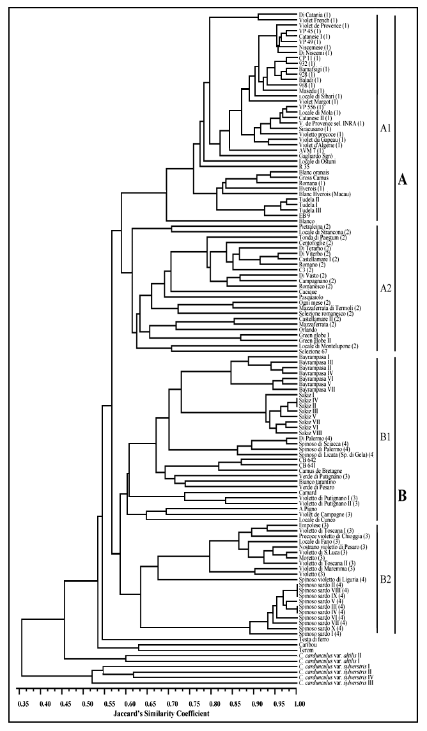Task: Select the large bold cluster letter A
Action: pos(403,181)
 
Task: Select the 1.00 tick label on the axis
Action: pos(299,703)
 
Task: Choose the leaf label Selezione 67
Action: pos(313,352)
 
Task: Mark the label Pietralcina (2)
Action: pos(314,226)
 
